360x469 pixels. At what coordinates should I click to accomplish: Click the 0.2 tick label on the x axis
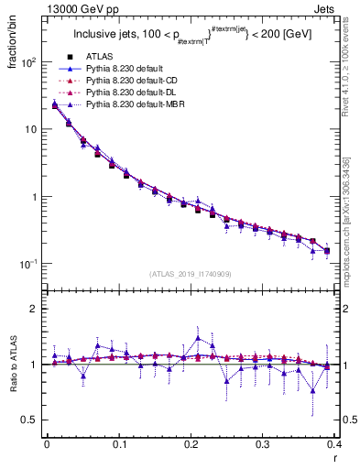pos(191,444)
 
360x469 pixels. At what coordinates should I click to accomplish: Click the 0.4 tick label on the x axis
pos(334,444)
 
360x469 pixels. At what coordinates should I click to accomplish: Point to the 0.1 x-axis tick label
pos(118,444)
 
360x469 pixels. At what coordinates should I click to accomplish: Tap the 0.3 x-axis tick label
pos(263,444)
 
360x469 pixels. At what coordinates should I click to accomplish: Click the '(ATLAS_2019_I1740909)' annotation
pos(191,273)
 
